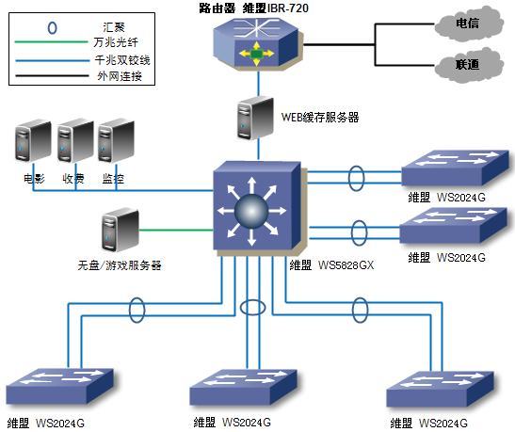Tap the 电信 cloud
[468, 24]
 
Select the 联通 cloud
[468, 64]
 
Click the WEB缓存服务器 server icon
[255, 118]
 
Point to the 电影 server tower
[33, 141]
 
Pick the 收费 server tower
[75, 140]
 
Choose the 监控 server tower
[116, 140]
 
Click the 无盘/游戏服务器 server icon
[121, 230]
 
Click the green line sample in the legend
[51, 41]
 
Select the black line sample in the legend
[52, 76]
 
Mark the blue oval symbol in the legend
[52, 28]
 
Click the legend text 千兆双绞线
[122, 60]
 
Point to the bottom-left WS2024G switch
[59, 386]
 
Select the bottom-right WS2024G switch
[440, 389]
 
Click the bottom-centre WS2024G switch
[243, 388]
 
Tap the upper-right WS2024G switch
[456, 168]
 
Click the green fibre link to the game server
[176, 230]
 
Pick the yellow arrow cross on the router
[256, 54]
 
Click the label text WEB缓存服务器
[320, 118]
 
